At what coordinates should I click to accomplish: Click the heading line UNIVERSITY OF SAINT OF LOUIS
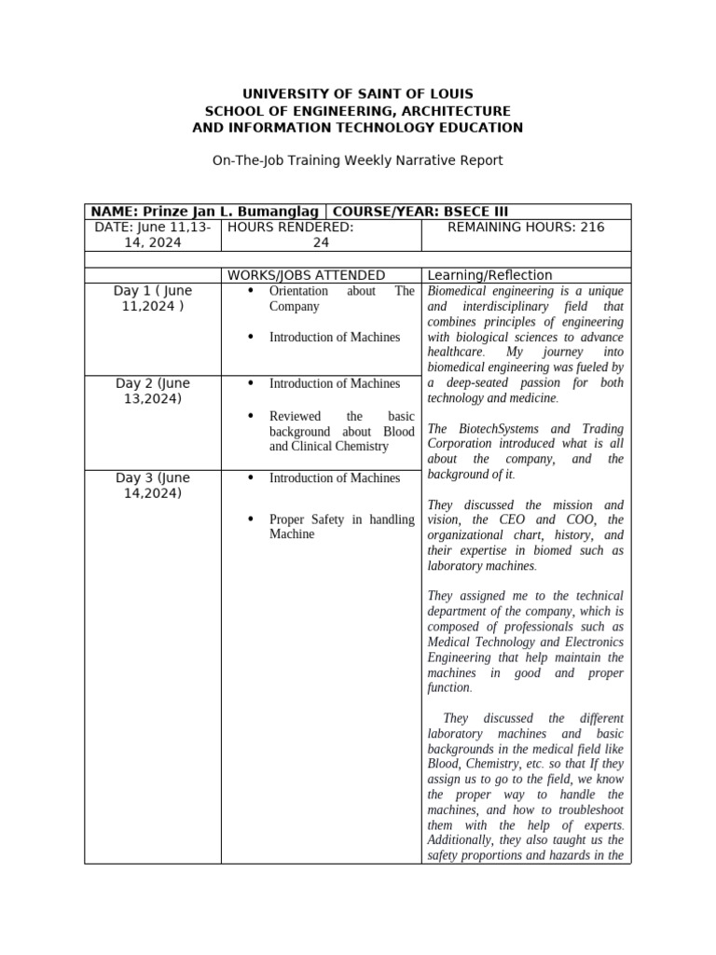coord(358,94)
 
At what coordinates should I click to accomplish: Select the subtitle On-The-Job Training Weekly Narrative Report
coord(358,160)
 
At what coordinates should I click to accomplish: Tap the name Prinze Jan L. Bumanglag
coord(231,212)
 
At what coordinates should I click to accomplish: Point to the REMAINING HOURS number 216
coord(590,228)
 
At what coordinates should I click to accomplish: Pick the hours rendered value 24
coord(321,242)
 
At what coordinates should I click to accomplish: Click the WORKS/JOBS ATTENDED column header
coord(306,275)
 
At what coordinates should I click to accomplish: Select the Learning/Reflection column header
coord(489,275)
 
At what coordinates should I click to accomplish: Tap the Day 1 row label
coord(153,298)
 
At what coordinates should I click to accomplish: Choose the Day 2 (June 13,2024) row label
coord(153,391)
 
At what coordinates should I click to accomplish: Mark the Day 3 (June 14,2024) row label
coord(153,485)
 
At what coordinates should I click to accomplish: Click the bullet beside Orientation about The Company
coord(252,292)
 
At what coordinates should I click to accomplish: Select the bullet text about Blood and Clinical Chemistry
coord(341,431)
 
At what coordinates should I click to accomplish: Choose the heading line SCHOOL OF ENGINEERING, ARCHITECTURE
coord(358,111)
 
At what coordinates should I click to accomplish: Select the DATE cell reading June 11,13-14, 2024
coord(153,235)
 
